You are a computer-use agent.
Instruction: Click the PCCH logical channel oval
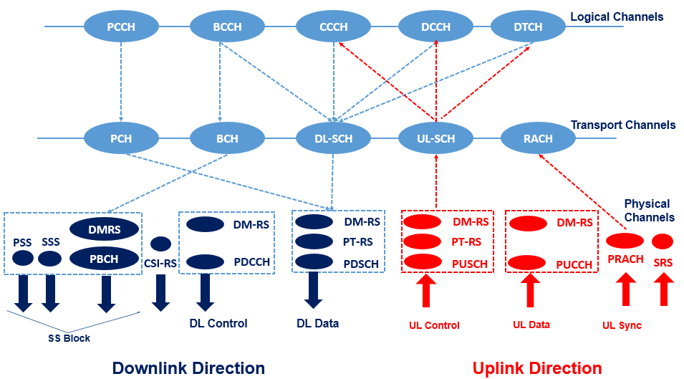coord(121,27)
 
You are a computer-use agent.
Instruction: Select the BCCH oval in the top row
coord(227,27)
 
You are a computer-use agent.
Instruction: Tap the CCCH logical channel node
coord(333,27)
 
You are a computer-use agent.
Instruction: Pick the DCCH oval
coord(435,27)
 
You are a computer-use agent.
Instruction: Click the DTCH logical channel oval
coord(528,27)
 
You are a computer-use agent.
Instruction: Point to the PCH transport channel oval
coord(121,138)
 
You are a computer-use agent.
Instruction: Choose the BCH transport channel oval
coord(227,138)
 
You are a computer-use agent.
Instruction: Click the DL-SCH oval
coord(333,138)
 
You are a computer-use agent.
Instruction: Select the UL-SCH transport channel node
coord(435,138)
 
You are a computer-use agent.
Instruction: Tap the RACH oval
coord(538,138)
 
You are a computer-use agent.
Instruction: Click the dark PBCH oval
coord(105,258)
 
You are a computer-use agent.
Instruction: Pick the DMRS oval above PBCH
coord(105,229)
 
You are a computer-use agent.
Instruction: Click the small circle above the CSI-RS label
coord(161,244)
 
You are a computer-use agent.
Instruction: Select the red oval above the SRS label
coord(663,241)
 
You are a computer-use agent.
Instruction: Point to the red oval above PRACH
coord(625,241)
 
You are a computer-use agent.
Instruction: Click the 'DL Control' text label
coord(218,323)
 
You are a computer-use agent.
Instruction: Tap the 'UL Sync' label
coord(622,325)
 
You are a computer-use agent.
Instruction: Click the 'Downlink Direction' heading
coord(188,368)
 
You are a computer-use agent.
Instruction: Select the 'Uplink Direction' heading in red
coord(536,368)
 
